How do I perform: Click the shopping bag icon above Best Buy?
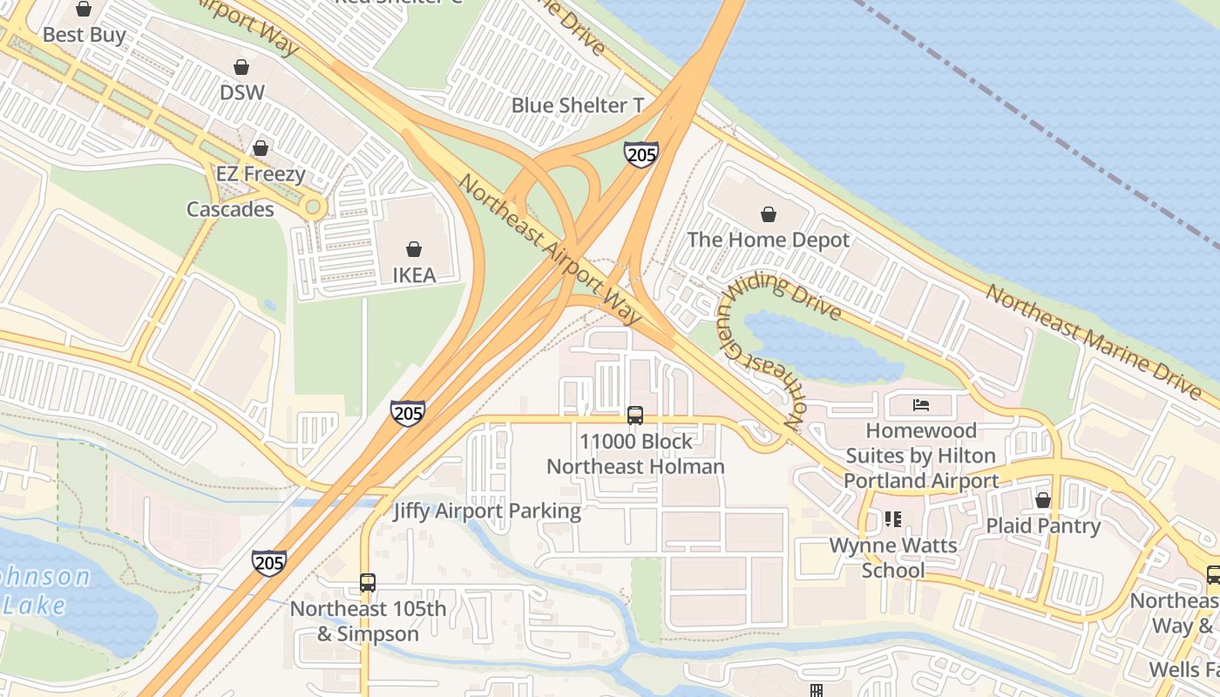(84, 10)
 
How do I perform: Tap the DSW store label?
(241, 92)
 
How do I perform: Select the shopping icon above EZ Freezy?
(260, 148)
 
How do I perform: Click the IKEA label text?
(414, 275)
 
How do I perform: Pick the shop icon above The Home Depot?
(769, 214)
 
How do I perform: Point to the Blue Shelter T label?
(578, 105)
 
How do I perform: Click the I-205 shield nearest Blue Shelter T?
(640, 155)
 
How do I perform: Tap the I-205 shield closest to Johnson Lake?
(269, 562)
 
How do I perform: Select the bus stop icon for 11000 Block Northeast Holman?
(635, 416)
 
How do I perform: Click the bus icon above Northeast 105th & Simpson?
(368, 583)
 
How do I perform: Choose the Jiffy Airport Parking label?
(487, 511)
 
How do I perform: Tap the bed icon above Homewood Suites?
(921, 404)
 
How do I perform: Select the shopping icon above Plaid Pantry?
(1043, 500)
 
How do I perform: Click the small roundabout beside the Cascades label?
(312, 207)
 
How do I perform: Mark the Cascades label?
(230, 209)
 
